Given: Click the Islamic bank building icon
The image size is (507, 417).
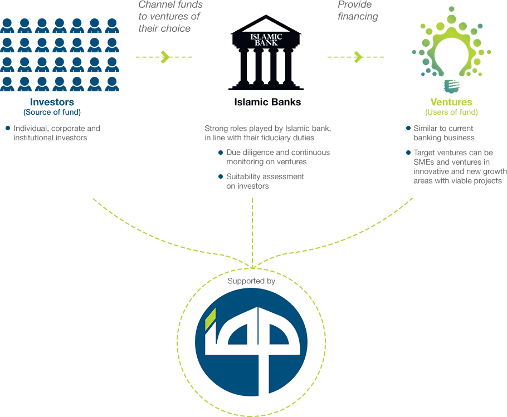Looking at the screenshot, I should click(x=261, y=52).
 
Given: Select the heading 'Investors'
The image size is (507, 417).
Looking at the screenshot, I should click(x=52, y=102).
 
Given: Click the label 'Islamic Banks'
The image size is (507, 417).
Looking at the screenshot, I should click(x=267, y=102).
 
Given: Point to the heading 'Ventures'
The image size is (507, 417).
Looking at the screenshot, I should click(x=451, y=102).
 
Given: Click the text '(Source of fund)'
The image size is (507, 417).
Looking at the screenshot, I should click(x=52, y=112).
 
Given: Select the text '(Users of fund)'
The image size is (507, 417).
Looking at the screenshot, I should click(x=451, y=112).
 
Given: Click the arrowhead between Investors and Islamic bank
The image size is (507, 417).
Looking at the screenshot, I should click(x=165, y=57).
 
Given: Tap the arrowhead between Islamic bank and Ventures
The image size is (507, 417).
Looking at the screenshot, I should click(x=358, y=57).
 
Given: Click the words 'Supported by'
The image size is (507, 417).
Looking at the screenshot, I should click(x=251, y=282).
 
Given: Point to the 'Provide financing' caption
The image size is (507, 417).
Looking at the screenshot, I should click(x=357, y=11).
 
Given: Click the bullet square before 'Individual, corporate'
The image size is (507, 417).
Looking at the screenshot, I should click(x=8, y=129).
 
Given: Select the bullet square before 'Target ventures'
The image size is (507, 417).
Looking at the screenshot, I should click(x=408, y=152).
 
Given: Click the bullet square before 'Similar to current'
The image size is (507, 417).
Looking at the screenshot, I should click(x=408, y=129).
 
